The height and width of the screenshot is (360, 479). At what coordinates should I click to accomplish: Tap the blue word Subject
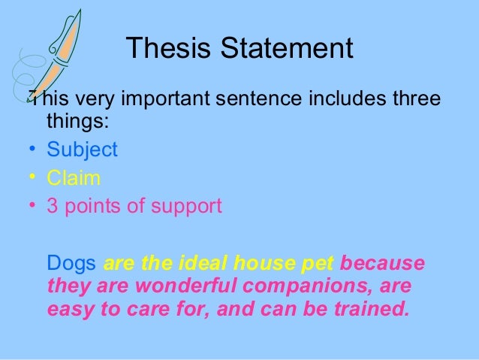pos(82,150)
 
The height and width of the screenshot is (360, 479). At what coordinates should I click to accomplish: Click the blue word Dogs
pos(71,265)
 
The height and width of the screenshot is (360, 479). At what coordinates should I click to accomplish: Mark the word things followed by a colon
pos(77,121)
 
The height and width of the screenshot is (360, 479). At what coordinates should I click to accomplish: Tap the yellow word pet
pos(318,265)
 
